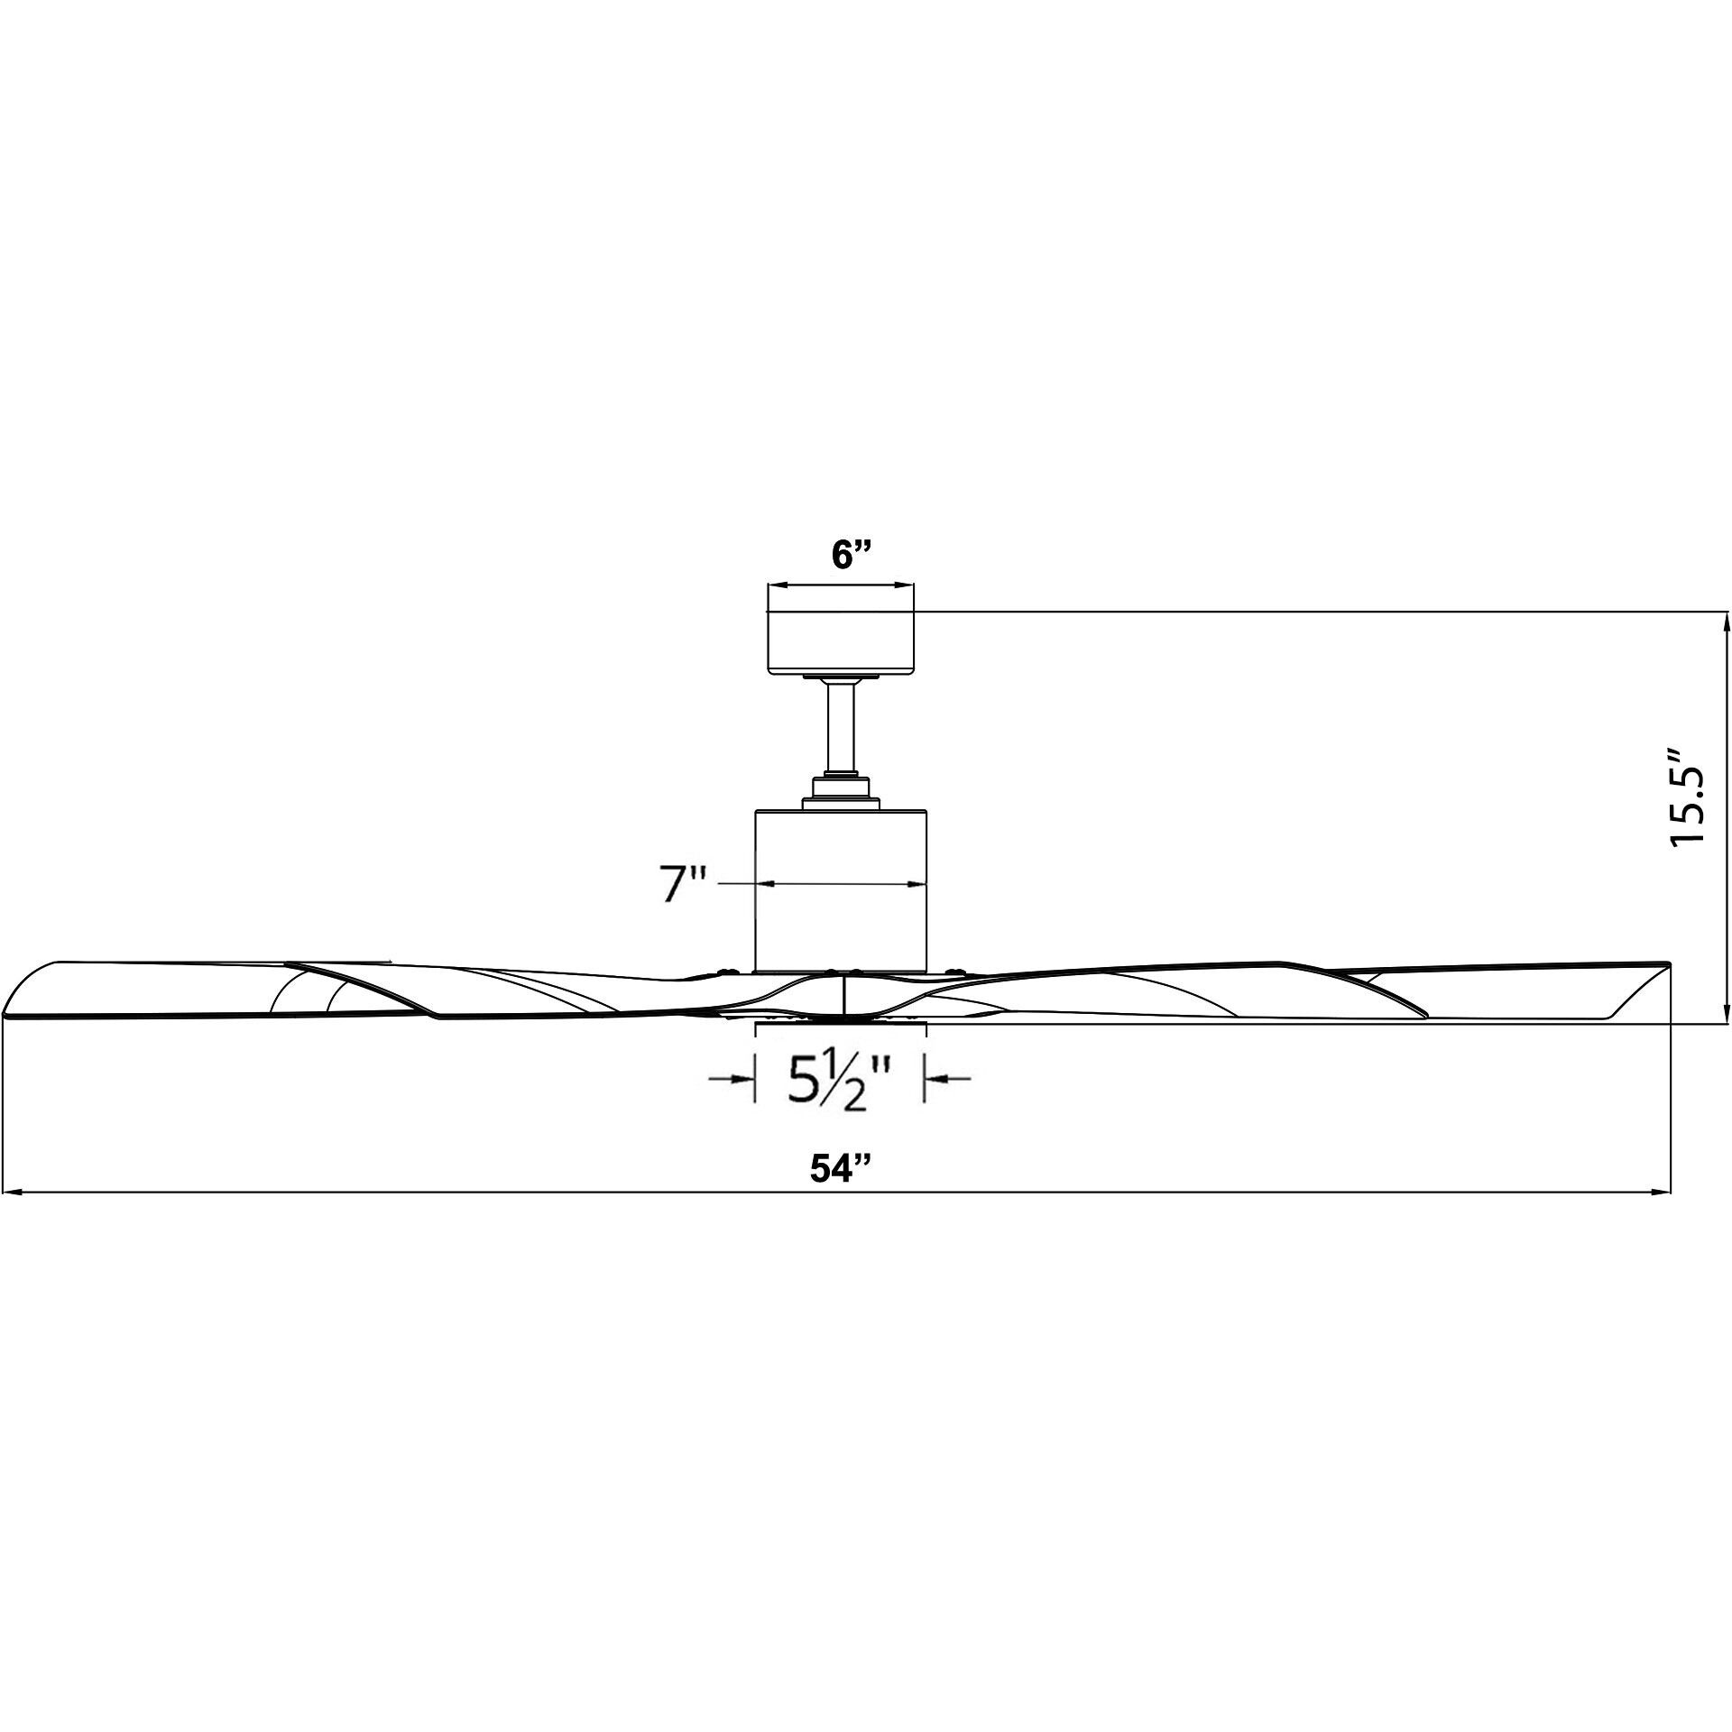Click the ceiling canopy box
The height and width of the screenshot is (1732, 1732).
840,641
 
